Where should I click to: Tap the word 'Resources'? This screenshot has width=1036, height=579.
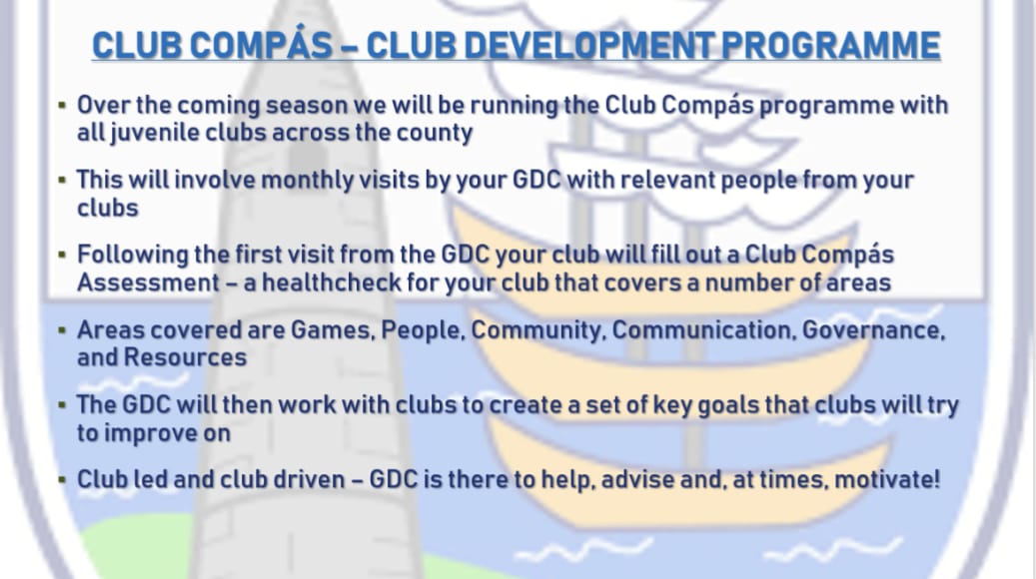pos(185,356)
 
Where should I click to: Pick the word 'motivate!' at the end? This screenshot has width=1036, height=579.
pos(888,479)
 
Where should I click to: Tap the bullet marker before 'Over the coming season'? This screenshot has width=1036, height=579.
pos(62,105)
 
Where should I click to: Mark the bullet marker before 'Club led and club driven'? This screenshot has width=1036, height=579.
pos(62,479)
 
